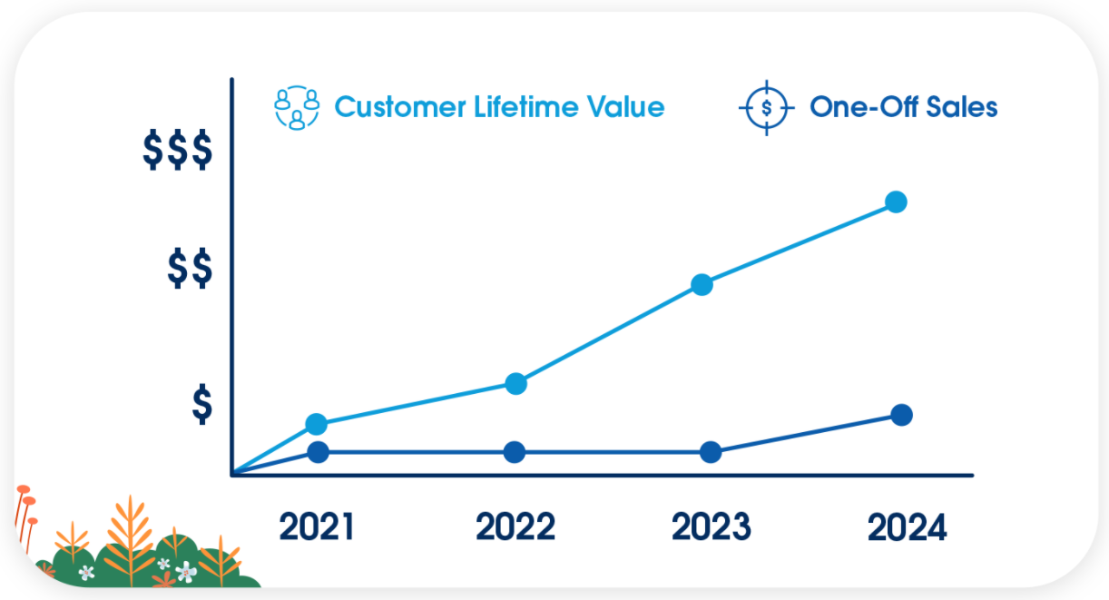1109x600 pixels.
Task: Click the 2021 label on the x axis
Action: (316, 526)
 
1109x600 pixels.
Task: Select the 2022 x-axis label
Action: (515, 526)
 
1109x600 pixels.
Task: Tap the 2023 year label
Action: (711, 526)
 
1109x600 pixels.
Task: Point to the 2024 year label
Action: (907, 526)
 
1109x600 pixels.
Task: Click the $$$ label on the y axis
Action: (177, 151)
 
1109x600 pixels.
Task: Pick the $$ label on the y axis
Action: (190, 270)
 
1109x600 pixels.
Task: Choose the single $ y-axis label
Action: (201, 405)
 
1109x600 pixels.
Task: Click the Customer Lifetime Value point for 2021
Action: (316, 424)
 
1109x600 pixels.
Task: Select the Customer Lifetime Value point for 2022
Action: (515, 383)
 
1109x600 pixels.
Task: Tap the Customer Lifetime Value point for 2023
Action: (702, 285)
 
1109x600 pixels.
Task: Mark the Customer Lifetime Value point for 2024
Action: (896, 202)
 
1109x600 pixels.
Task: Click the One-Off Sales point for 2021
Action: (318, 452)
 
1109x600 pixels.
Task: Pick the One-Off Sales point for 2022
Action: (515, 452)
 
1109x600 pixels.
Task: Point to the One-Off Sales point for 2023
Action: (712, 452)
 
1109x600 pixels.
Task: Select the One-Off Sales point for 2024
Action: (901, 415)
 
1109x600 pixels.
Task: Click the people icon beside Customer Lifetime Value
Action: (298, 108)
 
